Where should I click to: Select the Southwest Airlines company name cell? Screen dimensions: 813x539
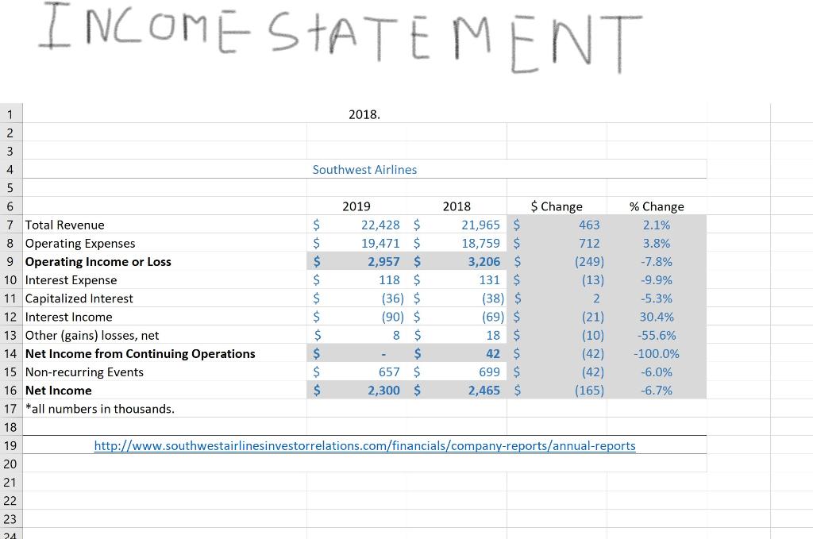[364, 169]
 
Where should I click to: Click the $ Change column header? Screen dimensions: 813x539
[557, 206]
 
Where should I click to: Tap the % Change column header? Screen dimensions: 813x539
[657, 206]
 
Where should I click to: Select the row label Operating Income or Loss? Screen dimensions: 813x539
[98, 261]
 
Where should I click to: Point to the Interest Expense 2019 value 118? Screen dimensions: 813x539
[389, 279]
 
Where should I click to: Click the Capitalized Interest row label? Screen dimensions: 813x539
[79, 298]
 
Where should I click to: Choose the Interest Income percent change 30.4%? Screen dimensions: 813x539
[657, 317]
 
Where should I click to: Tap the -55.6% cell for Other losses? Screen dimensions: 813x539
[657, 335]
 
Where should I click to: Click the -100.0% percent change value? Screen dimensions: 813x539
[657, 353]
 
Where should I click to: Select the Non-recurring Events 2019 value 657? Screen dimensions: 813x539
[389, 372]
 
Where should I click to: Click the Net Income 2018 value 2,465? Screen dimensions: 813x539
[484, 390]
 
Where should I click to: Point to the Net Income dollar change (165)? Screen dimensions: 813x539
[589, 390]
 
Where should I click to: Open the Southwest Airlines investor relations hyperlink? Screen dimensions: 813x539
[364, 445]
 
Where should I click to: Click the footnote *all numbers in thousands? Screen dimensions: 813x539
[100, 409]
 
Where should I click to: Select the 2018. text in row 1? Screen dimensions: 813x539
[364, 114]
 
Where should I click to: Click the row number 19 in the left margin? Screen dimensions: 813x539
[10, 445]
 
